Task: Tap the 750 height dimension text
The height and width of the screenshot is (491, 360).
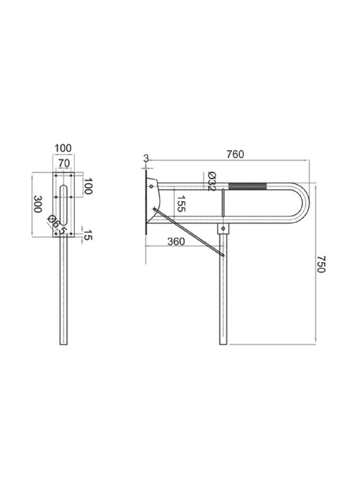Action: click(320, 264)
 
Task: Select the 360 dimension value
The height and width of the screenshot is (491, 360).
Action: click(176, 241)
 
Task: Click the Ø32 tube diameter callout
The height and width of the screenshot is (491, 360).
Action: click(212, 182)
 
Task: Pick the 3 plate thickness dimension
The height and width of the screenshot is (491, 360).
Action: click(146, 158)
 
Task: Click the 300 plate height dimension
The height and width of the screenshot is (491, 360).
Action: click(39, 204)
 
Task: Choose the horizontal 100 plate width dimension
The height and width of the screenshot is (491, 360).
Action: click(63, 148)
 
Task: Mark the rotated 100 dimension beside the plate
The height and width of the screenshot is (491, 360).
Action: click(88, 186)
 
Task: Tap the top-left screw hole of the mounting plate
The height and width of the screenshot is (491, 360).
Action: click(56, 175)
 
